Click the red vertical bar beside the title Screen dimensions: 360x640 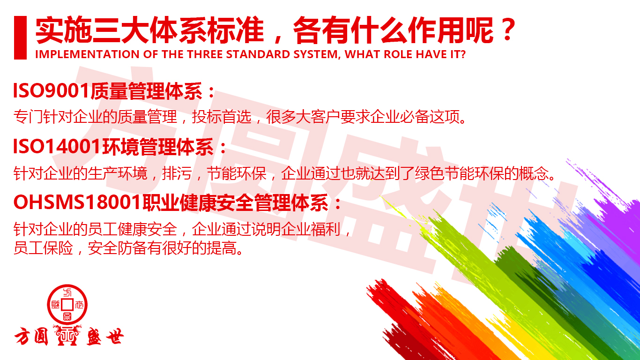click(x=20, y=38)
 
